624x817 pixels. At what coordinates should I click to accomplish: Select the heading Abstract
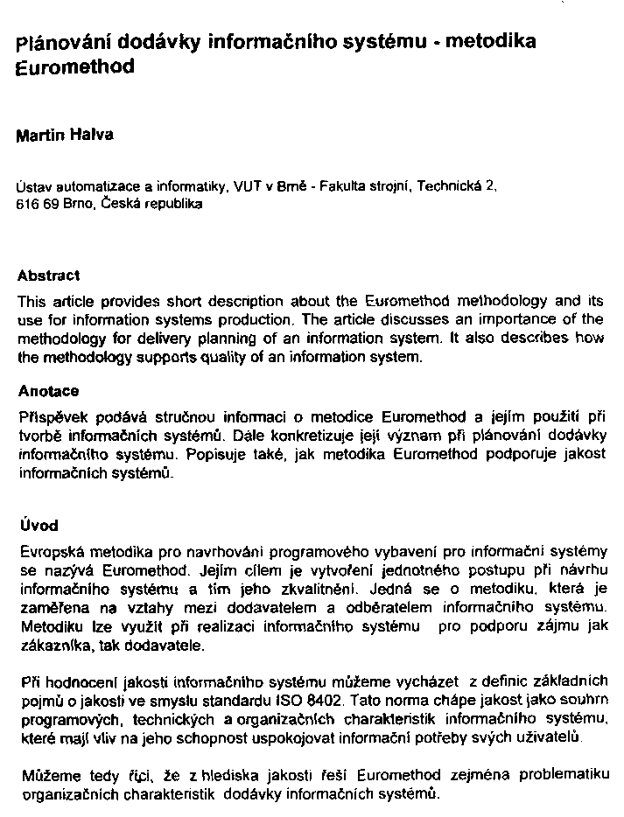coord(48,275)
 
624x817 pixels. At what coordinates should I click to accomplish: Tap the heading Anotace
coord(48,391)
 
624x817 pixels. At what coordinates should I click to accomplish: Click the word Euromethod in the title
coord(76,67)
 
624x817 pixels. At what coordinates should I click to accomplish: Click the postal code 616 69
coord(34,204)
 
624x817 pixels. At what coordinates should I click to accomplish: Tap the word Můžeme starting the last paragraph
coord(46,775)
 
